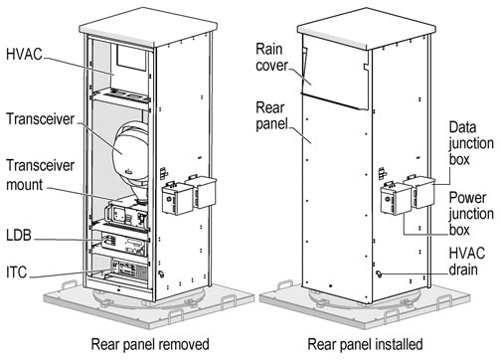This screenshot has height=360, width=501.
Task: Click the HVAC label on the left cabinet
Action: coord(24,55)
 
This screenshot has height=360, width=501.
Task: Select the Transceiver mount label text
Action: coord(40,175)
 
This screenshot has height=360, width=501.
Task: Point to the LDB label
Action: coord(19,235)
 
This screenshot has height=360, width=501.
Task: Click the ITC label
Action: coord(16,272)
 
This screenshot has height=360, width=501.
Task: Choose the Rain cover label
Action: coord(271,57)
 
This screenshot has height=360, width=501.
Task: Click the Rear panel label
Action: coord(271,115)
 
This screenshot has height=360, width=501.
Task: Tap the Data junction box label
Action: coord(471,143)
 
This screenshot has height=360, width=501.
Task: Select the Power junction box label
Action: coord(471,214)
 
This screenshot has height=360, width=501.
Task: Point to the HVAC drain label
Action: coord(467,262)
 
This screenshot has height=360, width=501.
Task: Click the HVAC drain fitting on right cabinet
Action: coord(379,273)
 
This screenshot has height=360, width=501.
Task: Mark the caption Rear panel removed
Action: coord(150,344)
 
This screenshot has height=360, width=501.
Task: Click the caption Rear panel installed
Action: coord(365,344)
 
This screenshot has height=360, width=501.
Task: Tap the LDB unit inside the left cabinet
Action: coord(124,244)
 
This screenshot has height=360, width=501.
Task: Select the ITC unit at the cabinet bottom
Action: coord(129,270)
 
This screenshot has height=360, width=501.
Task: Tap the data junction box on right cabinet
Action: coord(419,192)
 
